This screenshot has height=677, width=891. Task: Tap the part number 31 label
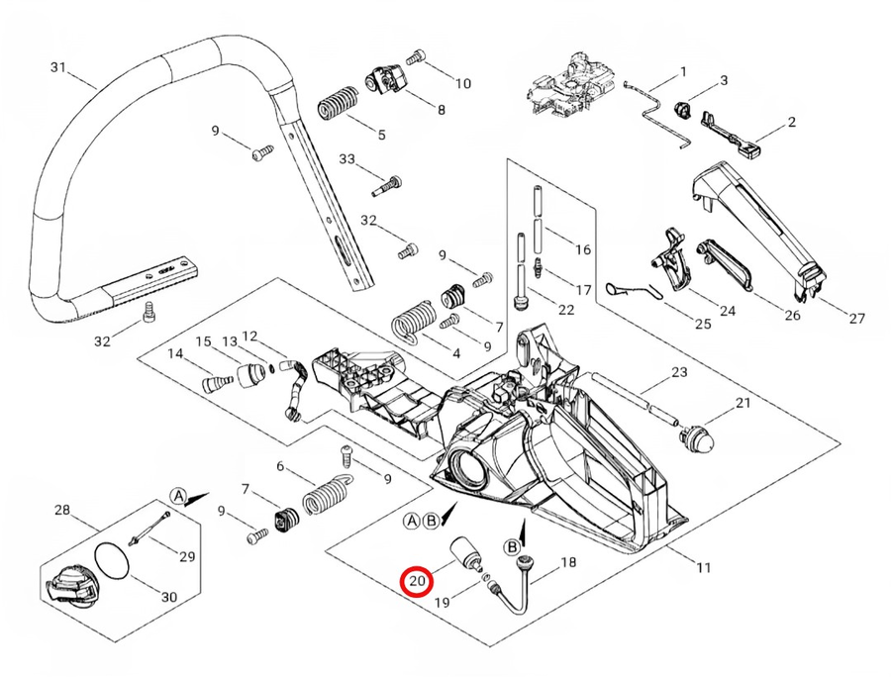point(57,67)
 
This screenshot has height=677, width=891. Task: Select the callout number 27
point(857,318)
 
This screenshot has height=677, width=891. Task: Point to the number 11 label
point(703,568)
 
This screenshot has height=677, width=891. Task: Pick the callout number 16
point(583,248)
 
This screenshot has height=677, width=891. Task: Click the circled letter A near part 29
point(178,495)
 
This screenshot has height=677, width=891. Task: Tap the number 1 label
point(682,71)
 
